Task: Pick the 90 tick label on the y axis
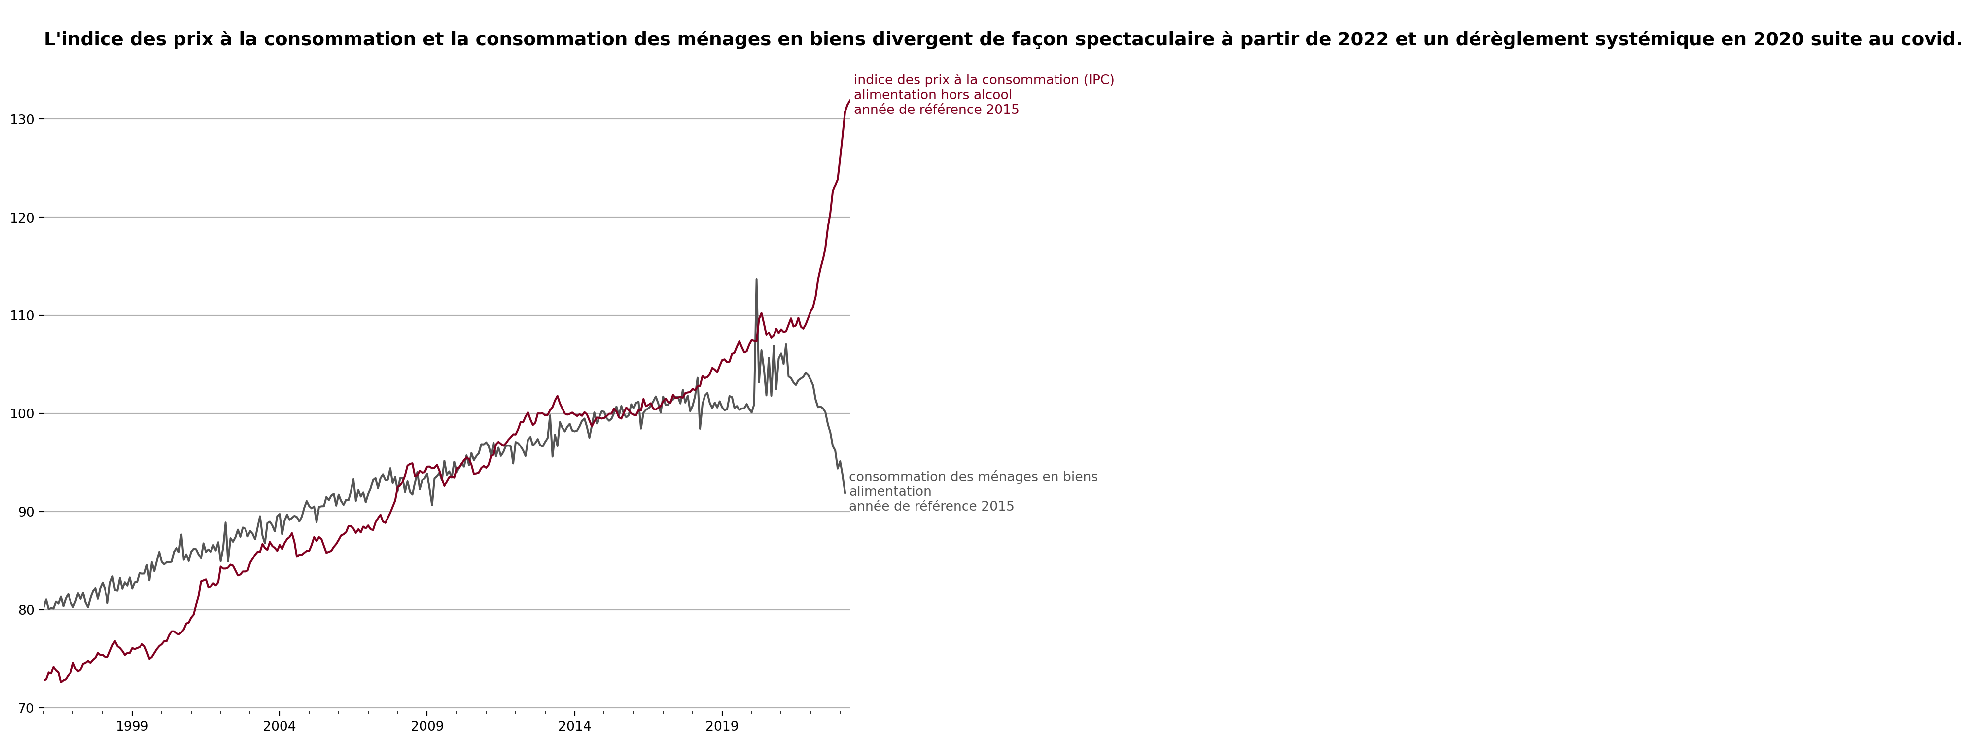click(x=25, y=512)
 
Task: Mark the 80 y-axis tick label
click(x=25, y=610)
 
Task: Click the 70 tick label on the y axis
click(x=25, y=708)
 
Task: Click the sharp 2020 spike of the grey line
click(x=756, y=280)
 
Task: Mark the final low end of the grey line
click(x=845, y=492)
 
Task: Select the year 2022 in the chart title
click(x=1363, y=40)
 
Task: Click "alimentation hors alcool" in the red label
click(x=932, y=95)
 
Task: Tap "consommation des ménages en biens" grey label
click(x=973, y=477)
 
